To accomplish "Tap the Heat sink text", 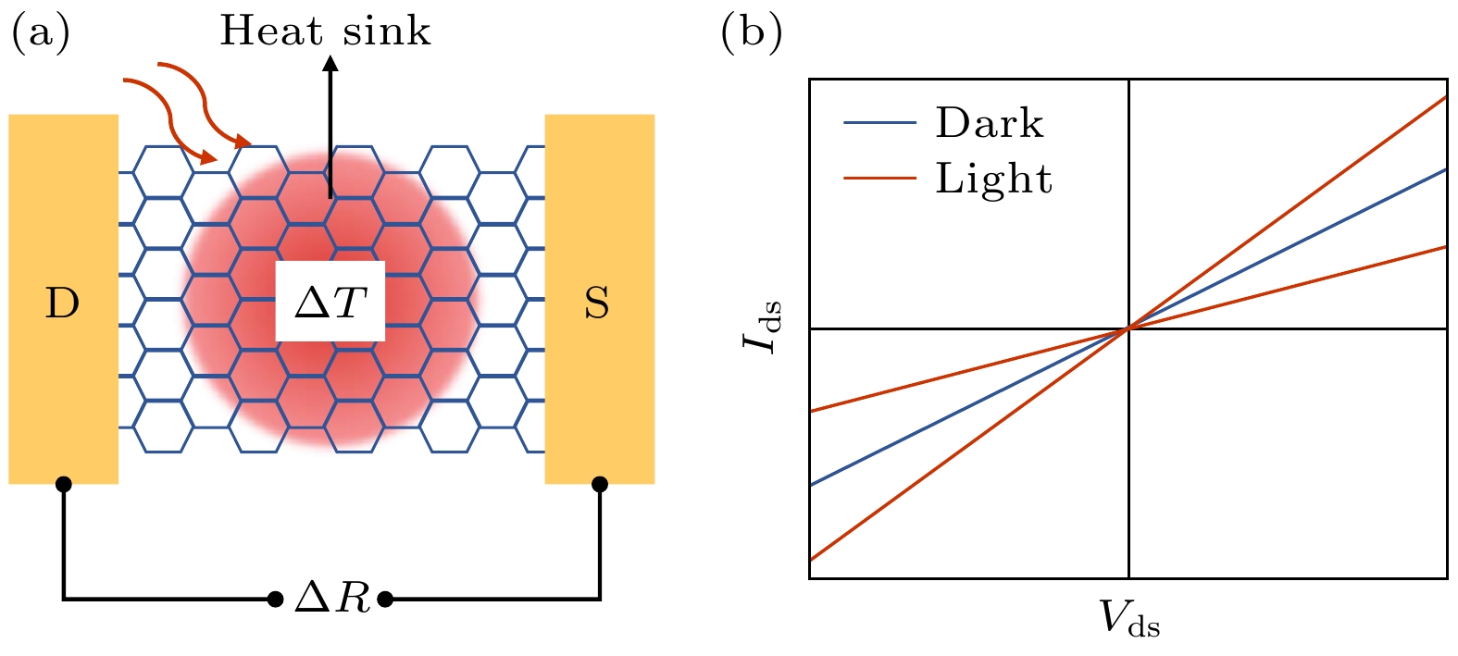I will pos(325,31).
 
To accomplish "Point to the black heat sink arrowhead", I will pos(330,63).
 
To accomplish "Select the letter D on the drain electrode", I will pos(62,303).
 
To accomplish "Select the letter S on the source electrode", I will pos(597,303).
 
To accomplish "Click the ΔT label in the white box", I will pos(330,302).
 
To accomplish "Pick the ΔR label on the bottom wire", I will pos(331,600).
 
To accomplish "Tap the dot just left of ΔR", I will pos(275,600).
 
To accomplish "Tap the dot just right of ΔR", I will pos(386,600).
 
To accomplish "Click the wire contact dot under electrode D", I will pos(63,484).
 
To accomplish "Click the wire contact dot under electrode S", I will pos(600,484).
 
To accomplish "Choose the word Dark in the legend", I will pos(989,123).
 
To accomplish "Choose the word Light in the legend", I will pos(993,179).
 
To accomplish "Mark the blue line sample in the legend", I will pos(879,123).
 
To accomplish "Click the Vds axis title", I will pos(1129,618).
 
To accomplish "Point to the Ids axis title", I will pos(762,328).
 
